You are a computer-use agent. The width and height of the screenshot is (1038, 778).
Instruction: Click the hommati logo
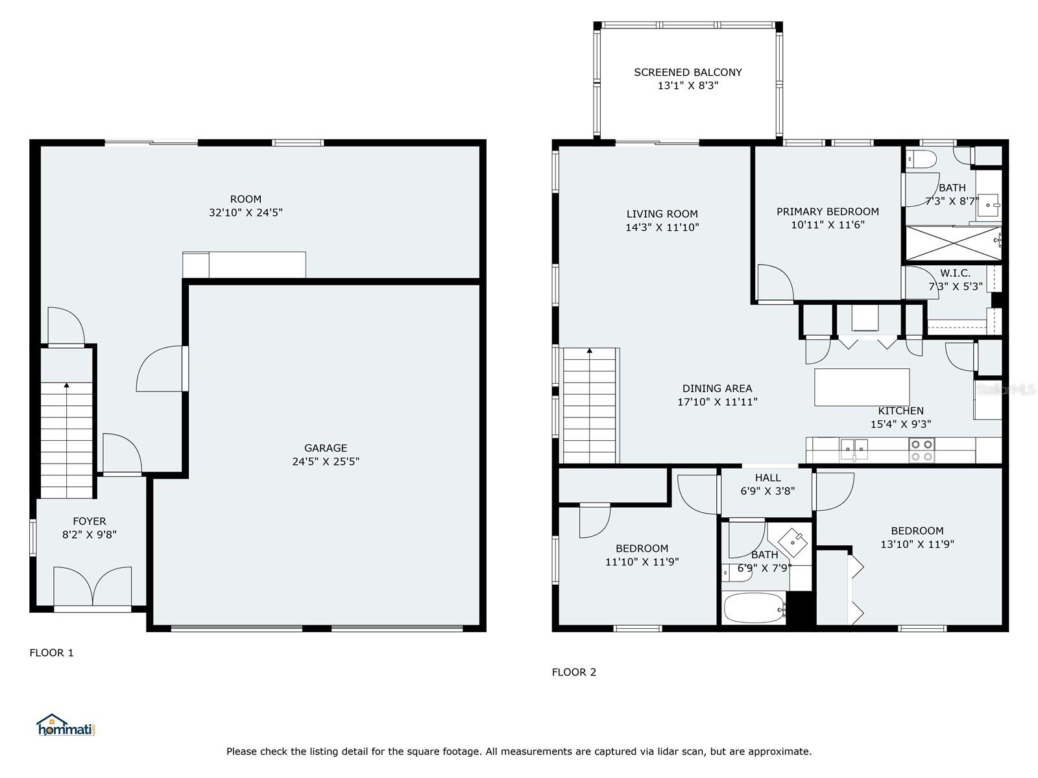tap(66, 725)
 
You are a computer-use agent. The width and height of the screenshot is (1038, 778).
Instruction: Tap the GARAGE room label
tap(326, 447)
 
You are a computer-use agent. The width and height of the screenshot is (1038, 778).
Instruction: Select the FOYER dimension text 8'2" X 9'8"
tap(90, 534)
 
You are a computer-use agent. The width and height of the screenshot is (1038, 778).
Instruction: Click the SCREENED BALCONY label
tap(688, 72)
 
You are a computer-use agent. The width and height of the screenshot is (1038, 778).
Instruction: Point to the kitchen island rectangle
tap(862, 387)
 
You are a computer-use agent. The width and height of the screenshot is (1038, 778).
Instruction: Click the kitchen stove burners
tap(922, 450)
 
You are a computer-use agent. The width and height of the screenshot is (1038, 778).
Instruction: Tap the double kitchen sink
tap(854, 449)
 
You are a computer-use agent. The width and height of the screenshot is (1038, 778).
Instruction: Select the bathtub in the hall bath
tap(754, 608)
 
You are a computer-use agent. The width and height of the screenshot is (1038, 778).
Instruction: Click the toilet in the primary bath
tap(922, 159)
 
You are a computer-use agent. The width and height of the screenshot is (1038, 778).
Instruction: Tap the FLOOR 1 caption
tap(51, 653)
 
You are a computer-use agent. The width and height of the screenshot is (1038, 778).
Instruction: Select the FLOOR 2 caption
tap(574, 672)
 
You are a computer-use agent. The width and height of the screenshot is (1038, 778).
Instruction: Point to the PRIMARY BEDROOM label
tap(828, 211)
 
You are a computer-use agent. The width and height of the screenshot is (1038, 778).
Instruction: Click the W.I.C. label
tap(955, 273)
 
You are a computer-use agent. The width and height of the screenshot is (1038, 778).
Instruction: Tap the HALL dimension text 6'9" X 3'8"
tap(767, 491)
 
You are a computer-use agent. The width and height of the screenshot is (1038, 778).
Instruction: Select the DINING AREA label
tap(717, 388)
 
